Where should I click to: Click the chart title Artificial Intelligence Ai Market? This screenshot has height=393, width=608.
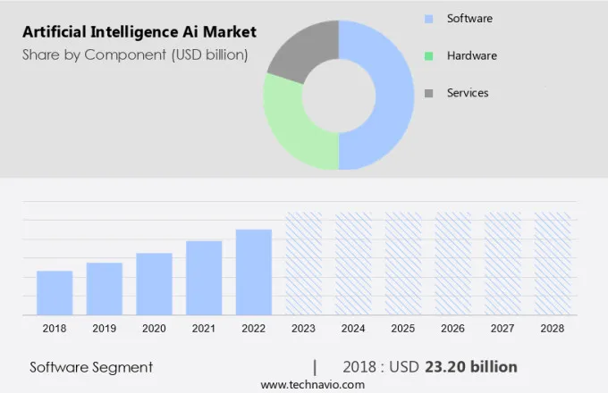(x=139, y=32)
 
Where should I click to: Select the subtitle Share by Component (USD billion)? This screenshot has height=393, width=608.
(x=135, y=55)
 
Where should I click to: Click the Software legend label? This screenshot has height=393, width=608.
(x=469, y=19)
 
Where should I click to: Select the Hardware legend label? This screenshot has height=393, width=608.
(x=471, y=55)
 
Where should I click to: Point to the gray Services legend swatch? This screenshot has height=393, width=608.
(x=429, y=93)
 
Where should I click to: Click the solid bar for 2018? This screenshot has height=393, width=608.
(x=55, y=292)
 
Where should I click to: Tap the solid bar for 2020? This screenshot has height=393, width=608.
(x=154, y=283)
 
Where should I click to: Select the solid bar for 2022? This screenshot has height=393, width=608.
(x=254, y=272)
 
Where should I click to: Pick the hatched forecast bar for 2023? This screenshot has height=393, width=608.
(x=303, y=263)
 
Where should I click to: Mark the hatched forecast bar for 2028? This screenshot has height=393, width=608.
(x=552, y=263)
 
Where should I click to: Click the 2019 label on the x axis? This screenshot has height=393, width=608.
(x=104, y=329)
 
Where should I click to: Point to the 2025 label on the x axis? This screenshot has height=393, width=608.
(x=402, y=329)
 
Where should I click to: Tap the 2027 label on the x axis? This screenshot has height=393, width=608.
(x=502, y=329)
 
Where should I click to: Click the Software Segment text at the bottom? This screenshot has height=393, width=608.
(x=91, y=367)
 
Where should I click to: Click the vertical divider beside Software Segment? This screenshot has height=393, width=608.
(x=315, y=367)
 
